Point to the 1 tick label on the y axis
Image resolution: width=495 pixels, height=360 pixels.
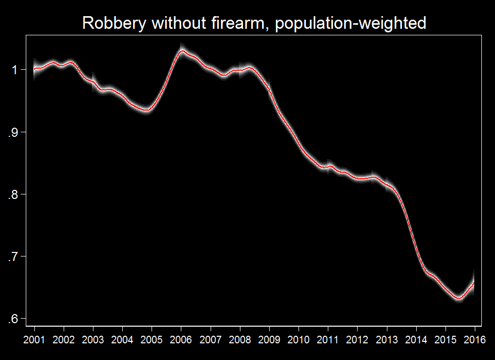(15, 70)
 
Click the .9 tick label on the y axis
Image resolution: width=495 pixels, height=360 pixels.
(13, 132)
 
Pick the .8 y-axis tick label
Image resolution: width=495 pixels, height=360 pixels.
(13, 194)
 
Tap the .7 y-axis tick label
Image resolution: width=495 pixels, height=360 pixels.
(13, 256)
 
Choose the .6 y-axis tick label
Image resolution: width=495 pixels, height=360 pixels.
(13, 319)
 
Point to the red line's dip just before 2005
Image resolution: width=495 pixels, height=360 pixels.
(146, 110)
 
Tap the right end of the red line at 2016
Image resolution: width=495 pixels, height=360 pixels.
(474, 283)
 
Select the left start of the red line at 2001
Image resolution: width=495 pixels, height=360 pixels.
(34, 68)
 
